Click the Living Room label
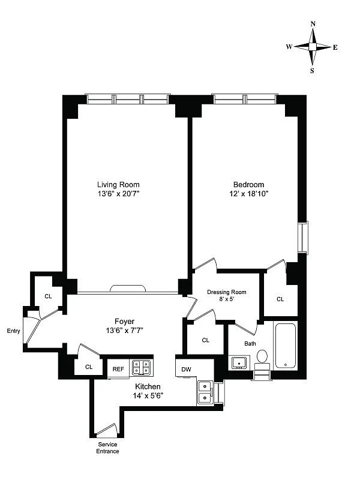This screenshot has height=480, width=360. pyautogui.click(x=118, y=184)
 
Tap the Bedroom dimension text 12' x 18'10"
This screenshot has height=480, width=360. pyautogui.click(x=249, y=194)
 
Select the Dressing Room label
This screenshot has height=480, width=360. pyautogui.click(x=226, y=292)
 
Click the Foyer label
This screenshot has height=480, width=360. pyautogui.click(x=124, y=321)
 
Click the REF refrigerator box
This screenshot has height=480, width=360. pyautogui.click(x=118, y=368)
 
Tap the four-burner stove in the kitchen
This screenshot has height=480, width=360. pyautogui.click(x=142, y=367)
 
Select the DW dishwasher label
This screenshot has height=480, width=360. pyautogui.click(x=185, y=370)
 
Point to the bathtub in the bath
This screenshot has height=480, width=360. pyautogui.click(x=285, y=346)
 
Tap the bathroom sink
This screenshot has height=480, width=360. pyautogui.click(x=239, y=362)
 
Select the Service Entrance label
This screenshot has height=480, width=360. pyautogui.click(x=109, y=448)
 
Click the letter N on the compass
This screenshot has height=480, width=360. pyautogui.click(x=313, y=24)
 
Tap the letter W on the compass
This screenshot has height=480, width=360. pyautogui.click(x=289, y=47)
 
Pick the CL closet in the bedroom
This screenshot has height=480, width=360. pyautogui.click(x=280, y=299)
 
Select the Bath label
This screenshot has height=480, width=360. pyautogui.click(x=250, y=344)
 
